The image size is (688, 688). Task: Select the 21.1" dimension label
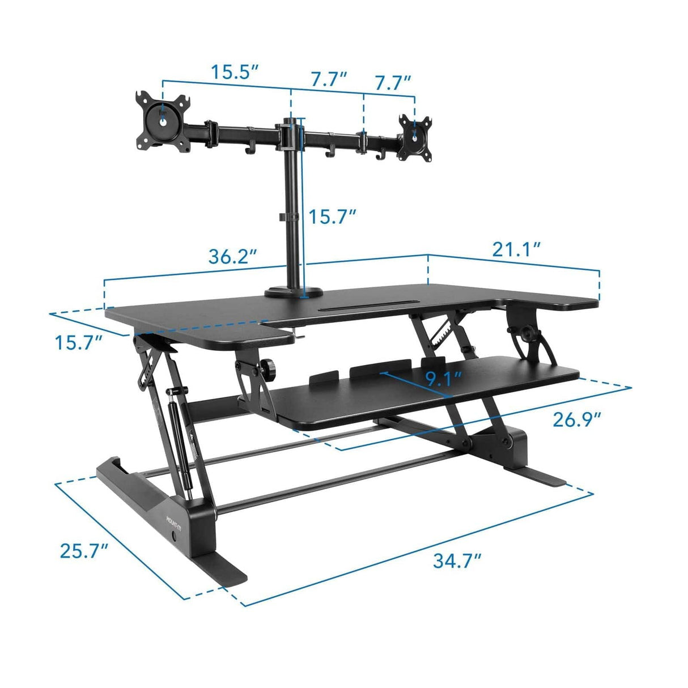click(x=515, y=249)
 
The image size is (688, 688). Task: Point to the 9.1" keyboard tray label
click(x=443, y=379)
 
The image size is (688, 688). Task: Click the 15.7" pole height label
click(x=332, y=215)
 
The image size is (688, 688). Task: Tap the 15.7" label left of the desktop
click(x=78, y=342)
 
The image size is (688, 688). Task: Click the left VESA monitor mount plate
click(x=163, y=120)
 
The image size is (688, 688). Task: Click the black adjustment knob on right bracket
click(x=530, y=334)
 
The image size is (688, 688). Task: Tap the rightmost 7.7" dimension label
click(x=392, y=82)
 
